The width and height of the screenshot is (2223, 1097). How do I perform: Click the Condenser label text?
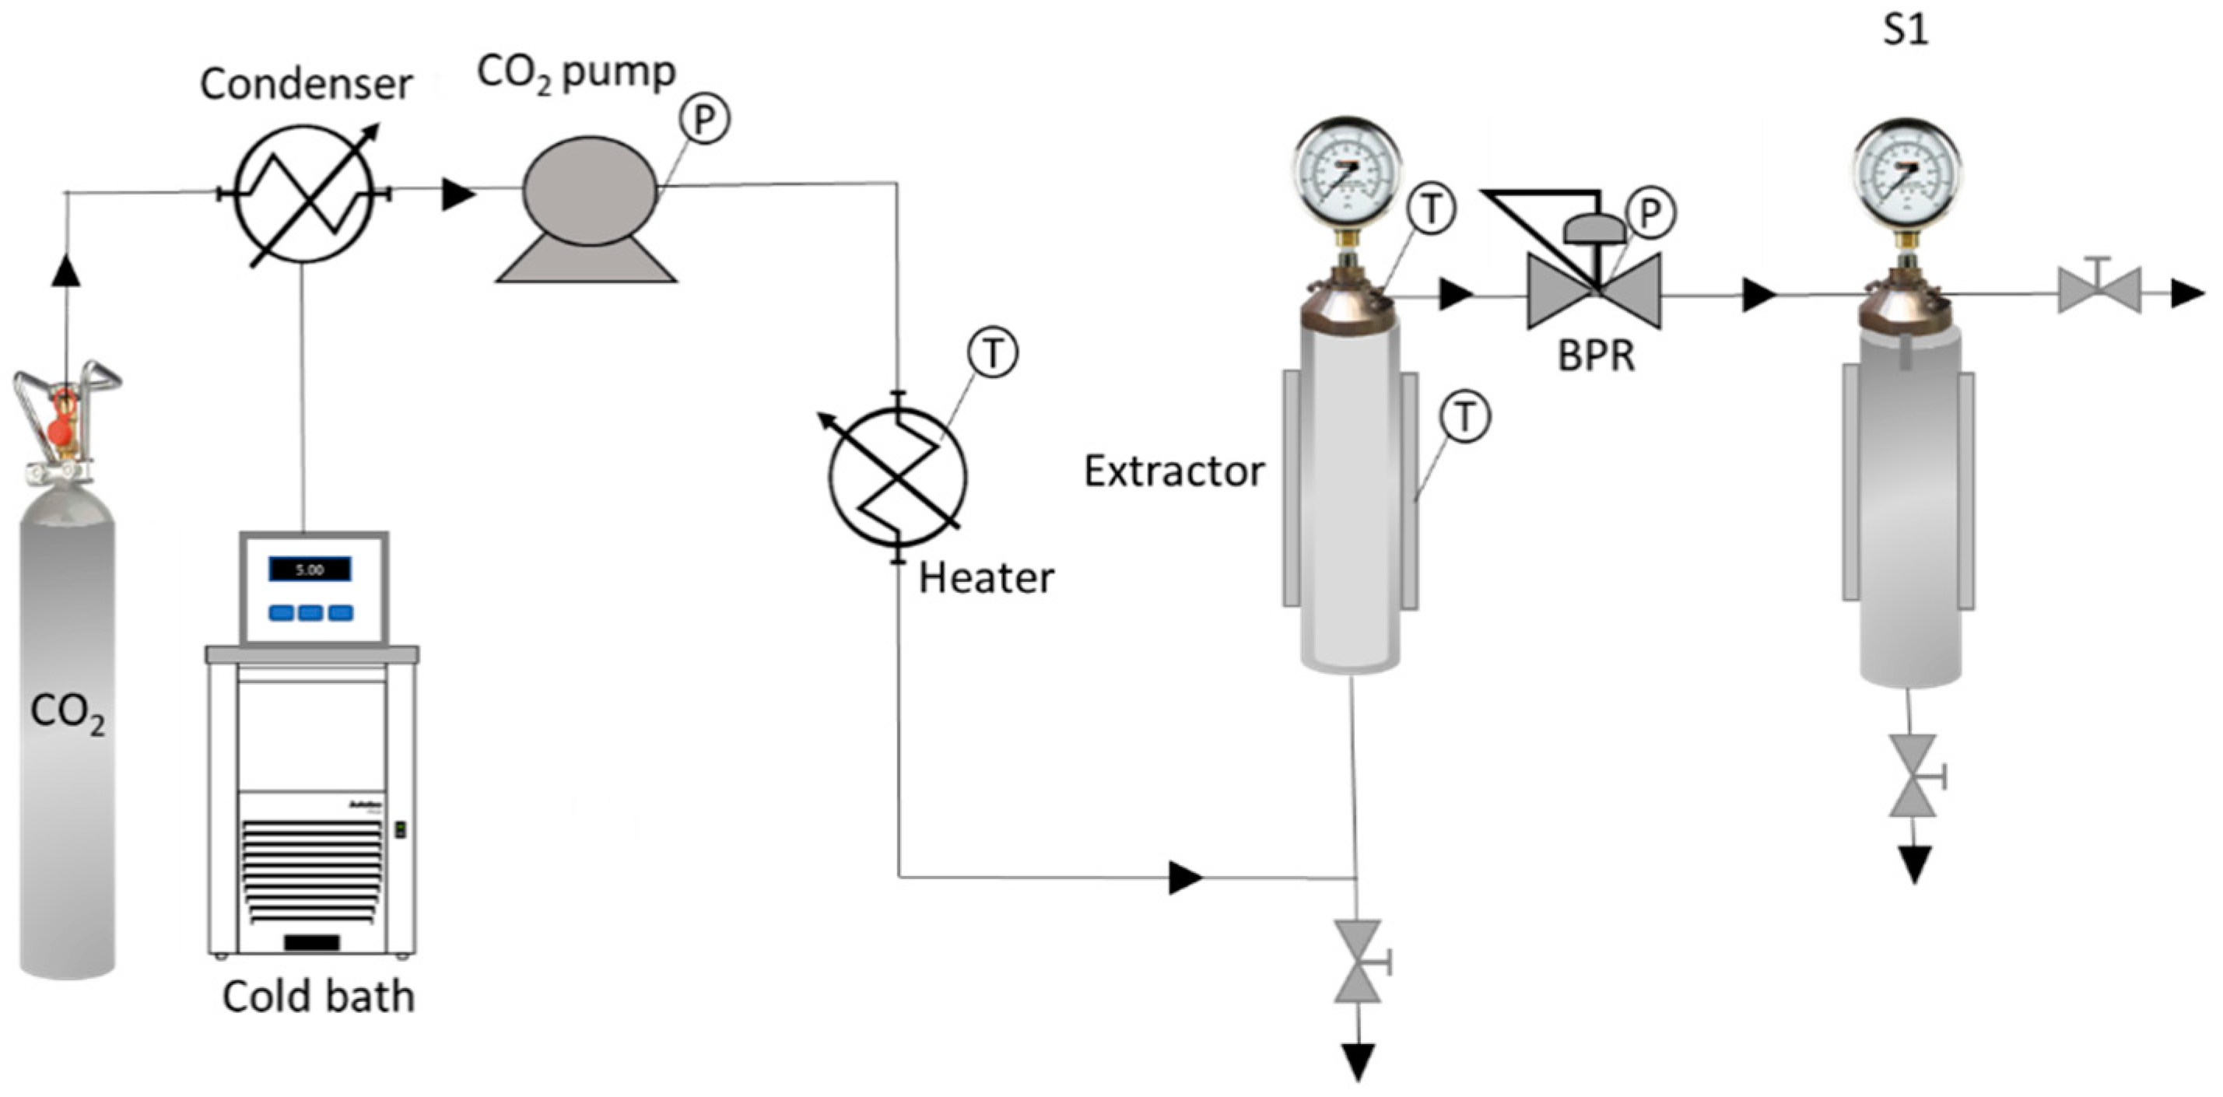coord(306,85)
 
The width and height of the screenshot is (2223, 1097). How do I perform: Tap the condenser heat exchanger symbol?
coord(305,193)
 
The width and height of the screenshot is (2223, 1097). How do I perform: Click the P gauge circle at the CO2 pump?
coord(704,118)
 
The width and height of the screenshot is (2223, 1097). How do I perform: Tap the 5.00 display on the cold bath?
coord(310,570)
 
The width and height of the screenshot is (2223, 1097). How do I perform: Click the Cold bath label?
coord(318,997)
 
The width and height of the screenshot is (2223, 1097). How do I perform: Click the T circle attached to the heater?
coord(992,353)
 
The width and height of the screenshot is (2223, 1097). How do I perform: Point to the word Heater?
coord(986,578)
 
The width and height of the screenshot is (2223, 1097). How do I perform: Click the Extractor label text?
coord(1173,472)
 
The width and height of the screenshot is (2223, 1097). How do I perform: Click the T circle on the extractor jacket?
coord(1465,418)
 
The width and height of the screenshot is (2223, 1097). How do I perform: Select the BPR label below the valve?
coord(1596,356)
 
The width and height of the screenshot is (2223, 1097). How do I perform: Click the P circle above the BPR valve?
coord(1650,213)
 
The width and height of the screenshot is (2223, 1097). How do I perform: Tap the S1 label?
coord(1906,30)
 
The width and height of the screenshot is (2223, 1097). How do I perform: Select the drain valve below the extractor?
coord(1358,961)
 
